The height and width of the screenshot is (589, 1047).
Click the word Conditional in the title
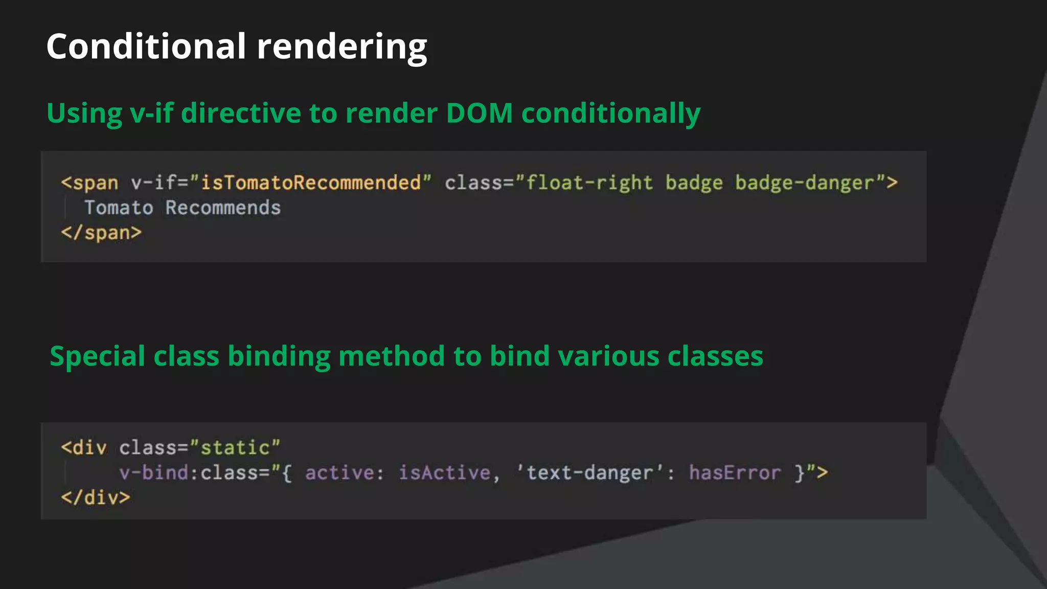click(146, 46)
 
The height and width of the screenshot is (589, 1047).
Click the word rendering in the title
click(342, 47)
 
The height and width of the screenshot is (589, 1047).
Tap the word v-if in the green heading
click(152, 113)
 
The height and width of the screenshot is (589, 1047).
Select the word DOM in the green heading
click(479, 113)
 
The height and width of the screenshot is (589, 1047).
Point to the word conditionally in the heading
click(610, 114)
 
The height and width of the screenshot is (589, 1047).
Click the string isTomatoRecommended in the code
click(311, 183)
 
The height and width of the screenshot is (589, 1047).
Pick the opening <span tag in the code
click(90, 183)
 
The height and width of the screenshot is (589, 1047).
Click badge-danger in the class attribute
click(805, 183)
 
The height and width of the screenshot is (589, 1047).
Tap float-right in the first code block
click(589, 183)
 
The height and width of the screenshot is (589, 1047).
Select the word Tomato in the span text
click(119, 208)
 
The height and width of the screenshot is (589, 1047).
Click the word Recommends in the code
click(223, 208)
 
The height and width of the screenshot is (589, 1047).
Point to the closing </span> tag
click(101, 233)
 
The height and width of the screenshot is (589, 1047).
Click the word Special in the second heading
click(98, 356)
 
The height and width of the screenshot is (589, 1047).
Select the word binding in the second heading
click(279, 356)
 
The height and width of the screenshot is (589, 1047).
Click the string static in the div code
click(235, 448)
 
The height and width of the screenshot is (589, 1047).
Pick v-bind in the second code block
click(154, 472)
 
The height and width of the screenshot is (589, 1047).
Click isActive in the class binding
click(444, 472)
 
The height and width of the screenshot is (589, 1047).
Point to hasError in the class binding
click(735, 472)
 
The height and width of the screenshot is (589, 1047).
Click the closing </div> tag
click(96, 497)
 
